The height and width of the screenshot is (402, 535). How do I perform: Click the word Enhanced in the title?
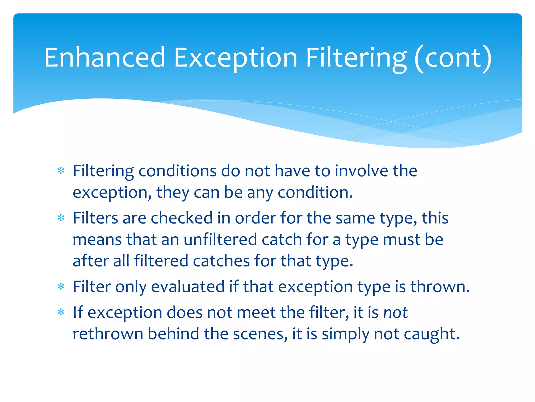click(x=104, y=57)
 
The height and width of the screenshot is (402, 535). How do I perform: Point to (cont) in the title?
click(x=453, y=57)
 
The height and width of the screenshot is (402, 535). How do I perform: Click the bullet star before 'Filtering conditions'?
click(x=61, y=171)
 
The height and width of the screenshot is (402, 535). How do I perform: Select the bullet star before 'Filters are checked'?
click(x=61, y=218)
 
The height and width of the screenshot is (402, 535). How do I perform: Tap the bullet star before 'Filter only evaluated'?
click(x=61, y=287)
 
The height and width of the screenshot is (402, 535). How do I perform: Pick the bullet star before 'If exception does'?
click(x=61, y=312)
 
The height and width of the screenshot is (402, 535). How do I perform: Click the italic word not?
click(x=396, y=312)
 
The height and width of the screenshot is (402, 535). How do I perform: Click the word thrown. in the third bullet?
click(x=440, y=287)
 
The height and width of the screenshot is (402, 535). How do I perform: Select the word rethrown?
click(x=108, y=334)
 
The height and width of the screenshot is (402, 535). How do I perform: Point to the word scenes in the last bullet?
click(x=258, y=334)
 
